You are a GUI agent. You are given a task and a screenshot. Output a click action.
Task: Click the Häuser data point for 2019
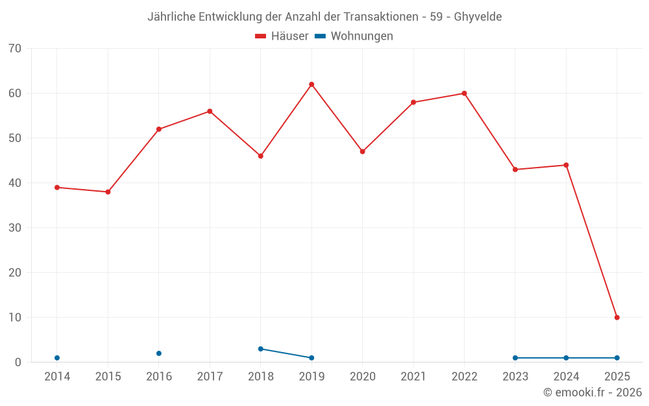(x=312, y=84)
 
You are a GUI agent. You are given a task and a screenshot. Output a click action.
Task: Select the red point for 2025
(x=617, y=318)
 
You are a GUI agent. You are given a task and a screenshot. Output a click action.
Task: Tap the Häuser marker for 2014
(x=57, y=188)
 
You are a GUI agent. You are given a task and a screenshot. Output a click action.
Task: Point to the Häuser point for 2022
(x=464, y=94)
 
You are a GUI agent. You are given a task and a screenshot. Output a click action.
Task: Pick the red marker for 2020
(x=363, y=151)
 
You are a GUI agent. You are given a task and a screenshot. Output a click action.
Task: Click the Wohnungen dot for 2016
(x=159, y=353)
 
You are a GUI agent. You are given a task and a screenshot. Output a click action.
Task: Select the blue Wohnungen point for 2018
(x=261, y=349)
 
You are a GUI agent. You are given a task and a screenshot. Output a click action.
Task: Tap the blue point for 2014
(x=57, y=358)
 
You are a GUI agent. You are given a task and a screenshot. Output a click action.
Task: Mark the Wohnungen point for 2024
(x=566, y=358)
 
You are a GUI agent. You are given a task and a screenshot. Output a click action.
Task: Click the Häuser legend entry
(x=282, y=36)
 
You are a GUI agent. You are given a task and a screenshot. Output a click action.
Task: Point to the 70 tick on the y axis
(x=15, y=49)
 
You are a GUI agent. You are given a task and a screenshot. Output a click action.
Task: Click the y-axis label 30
(x=15, y=228)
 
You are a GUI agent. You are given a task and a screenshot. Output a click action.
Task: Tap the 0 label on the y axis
(x=18, y=362)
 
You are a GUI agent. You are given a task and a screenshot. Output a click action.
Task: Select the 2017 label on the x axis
(x=210, y=377)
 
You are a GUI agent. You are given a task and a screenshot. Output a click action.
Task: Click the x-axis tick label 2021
(x=413, y=377)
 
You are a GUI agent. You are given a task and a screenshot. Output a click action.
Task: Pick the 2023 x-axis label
(x=515, y=377)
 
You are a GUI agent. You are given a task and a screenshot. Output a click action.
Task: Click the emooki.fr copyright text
(x=593, y=392)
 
